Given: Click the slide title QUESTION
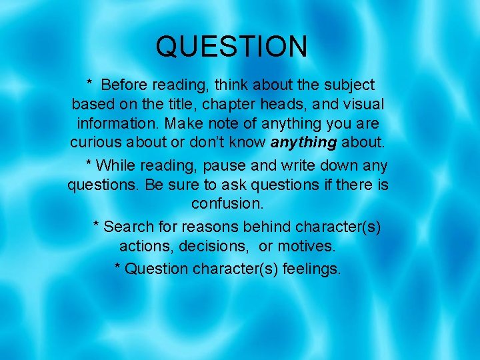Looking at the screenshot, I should tap(231, 47).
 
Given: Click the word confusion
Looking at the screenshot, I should tap(227, 203).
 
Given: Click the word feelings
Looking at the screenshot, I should tap(311, 269).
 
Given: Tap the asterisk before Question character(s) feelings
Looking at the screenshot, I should tap(118, 267).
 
